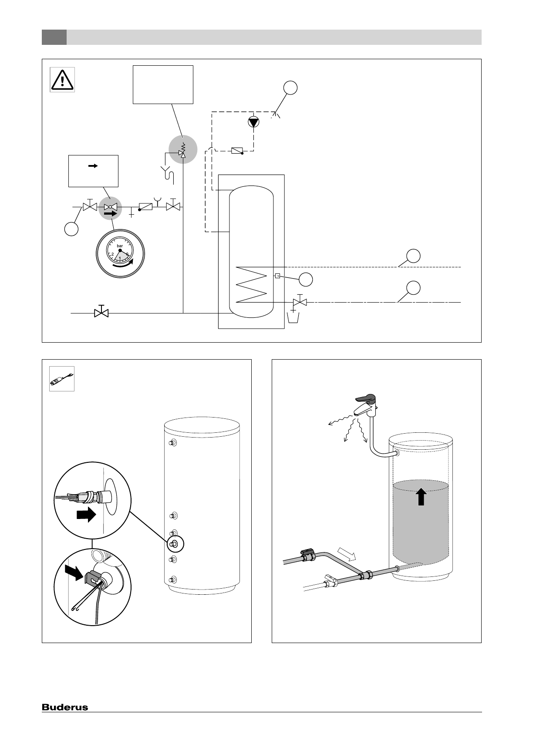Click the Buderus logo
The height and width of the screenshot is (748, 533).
[65, 707]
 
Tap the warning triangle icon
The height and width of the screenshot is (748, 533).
[62, 80]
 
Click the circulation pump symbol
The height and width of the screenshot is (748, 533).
[253, 122]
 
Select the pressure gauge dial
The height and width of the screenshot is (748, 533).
[120, 253]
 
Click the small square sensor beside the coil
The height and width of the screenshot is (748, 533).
[277, 275]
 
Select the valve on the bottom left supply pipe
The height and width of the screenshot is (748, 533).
[101, 312]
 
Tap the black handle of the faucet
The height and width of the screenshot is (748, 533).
[365, 398]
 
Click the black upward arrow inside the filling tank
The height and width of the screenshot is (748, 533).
[421, 496]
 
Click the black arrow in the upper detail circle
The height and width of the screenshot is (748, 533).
[86, 516]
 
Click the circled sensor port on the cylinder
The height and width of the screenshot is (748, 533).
[175, 543]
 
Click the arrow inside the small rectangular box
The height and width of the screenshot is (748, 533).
[93, 166]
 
